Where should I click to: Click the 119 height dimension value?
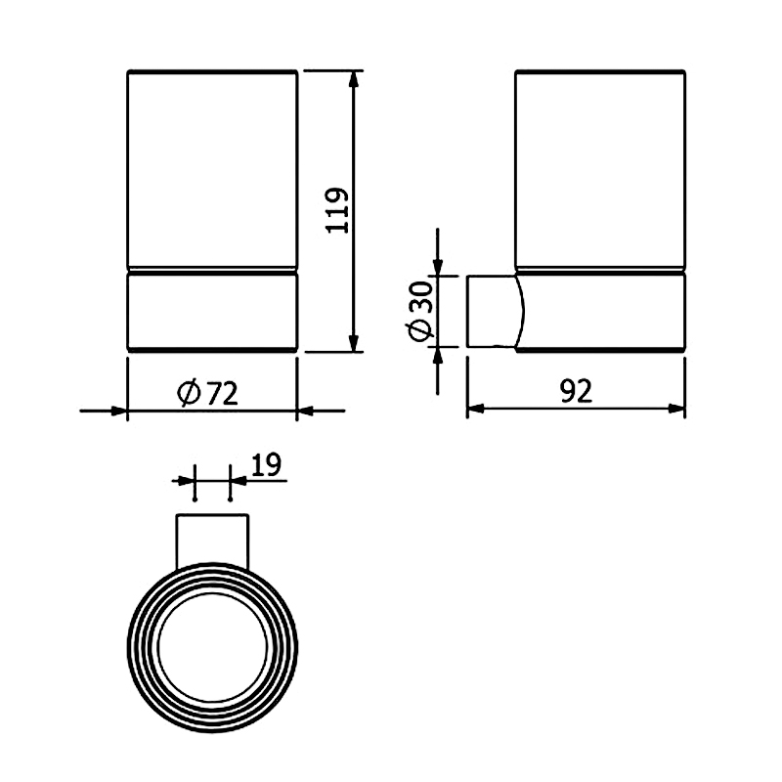point(336,210)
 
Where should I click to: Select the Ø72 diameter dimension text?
point(207,393)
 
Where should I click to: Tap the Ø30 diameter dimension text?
point(419,311)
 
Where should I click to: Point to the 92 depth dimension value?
point(576,391)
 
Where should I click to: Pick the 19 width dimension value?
point(266,465)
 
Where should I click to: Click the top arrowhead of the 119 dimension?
point(354,80)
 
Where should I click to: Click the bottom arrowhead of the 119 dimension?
point(354,343)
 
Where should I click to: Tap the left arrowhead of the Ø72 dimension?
point(119,411)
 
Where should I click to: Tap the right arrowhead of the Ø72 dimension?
point(306,411)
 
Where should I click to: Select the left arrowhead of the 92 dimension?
point(476,409)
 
